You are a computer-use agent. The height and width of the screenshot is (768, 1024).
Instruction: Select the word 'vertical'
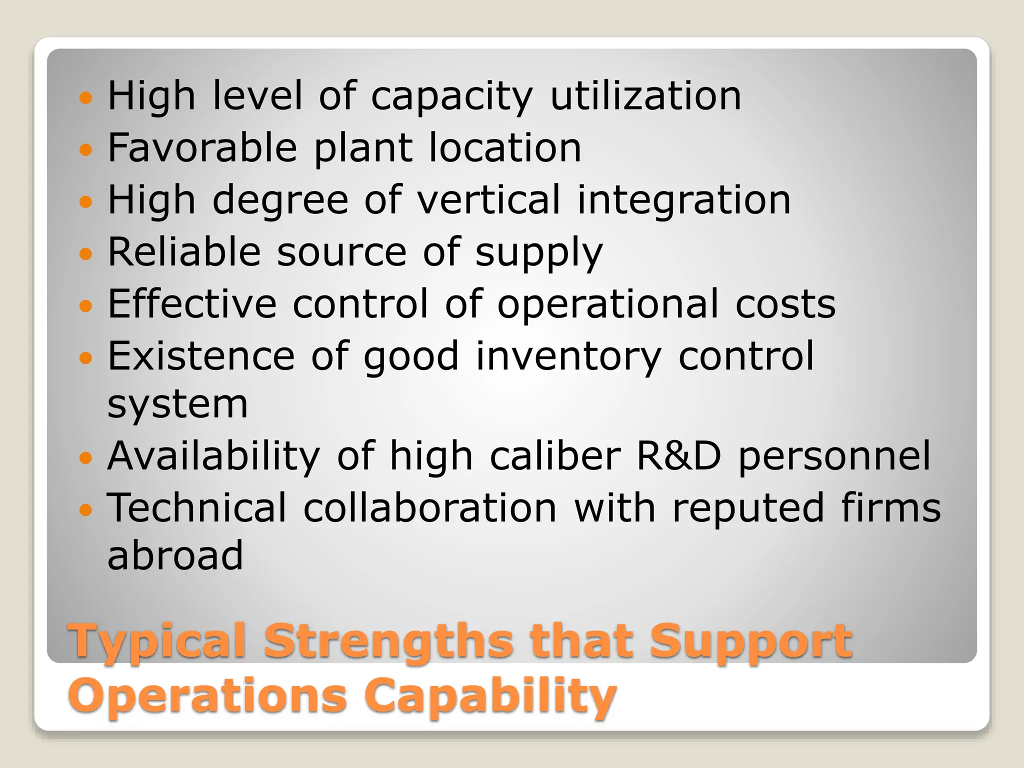pos(488,199)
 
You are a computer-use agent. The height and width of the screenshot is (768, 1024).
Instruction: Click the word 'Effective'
pos(192,303)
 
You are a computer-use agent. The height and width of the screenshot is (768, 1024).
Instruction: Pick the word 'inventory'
pos(568,356)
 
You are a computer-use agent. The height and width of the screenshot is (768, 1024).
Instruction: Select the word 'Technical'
pos(197,507)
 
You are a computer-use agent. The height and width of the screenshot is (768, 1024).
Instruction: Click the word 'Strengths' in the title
pos(388,641)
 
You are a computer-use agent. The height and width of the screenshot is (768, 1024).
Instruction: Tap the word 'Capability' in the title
pos(490,695)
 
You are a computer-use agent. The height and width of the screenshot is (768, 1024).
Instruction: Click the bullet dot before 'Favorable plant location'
pos(86,149)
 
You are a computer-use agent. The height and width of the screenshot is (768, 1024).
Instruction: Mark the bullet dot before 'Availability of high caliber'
pos(86,457)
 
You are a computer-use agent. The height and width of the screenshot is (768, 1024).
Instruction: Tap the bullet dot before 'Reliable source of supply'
pos(86,253)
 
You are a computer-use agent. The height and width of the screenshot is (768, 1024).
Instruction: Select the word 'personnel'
pos(834,456)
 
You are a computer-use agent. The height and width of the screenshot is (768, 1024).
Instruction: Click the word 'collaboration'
pos(430,507)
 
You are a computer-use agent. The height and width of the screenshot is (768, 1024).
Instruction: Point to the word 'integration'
pos(683,200)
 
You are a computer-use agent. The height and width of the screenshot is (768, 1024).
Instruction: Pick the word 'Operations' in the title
pos(207,695)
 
